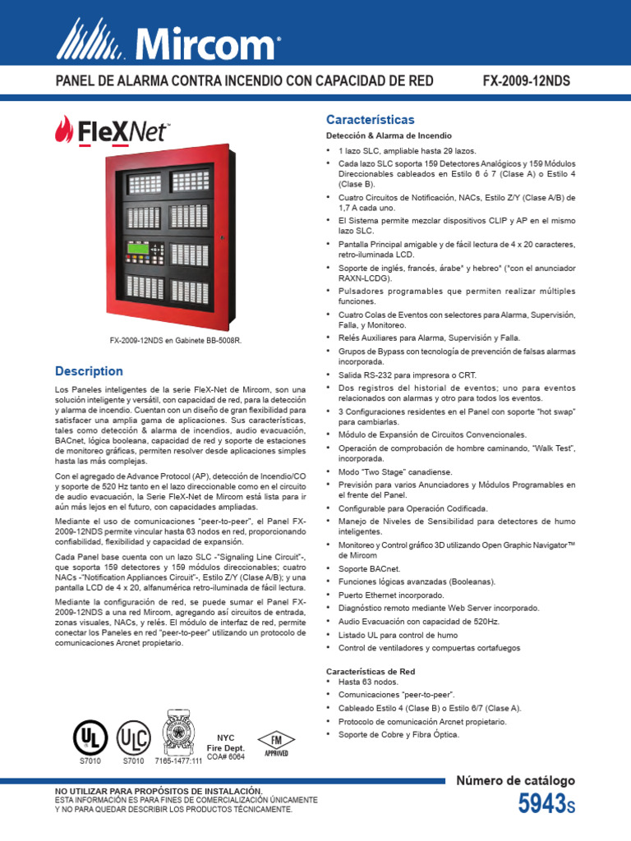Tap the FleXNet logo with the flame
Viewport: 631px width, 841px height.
(x=112, y=131)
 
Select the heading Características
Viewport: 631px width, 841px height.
(x=370, y=119)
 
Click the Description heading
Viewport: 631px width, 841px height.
(x=89, y=370)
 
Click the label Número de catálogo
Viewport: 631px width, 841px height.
(x=515, y=781)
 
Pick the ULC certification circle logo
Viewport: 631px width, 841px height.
(x=133, y=737)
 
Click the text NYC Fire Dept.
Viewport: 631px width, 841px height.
(x=225, y=743)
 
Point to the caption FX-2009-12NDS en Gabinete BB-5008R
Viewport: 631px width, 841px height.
(x=176, y=339)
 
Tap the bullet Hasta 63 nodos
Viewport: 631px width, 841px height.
(x=368, y=682)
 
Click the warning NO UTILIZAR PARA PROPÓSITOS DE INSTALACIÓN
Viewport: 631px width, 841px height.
(x=159, y=789)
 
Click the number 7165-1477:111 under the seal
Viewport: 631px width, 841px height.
(x=178, y=761)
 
